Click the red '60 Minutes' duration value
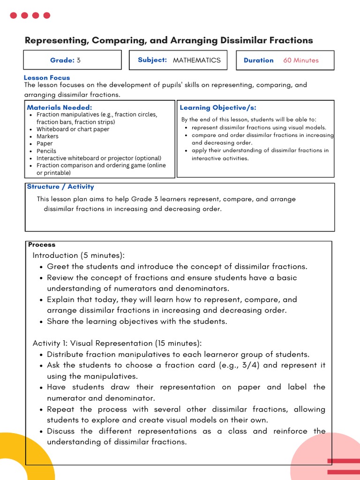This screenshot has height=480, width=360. tap(300, 60)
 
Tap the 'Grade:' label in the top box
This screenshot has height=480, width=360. tap(62, 60)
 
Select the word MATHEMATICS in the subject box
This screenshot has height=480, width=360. tap(196, 60)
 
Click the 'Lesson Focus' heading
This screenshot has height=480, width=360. tap(47, 78)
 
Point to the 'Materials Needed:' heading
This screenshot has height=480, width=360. tap(60, 107)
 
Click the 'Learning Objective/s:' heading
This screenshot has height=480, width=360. tap(218, 108)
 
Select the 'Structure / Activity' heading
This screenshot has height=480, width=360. tap(60, 187)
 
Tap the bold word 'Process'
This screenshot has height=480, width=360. tap(42, 245)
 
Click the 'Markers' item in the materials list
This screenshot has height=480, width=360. tap(47, 136)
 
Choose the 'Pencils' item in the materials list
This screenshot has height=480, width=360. tap(46, 151)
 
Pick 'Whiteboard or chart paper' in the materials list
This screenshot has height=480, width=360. tap(73, 129)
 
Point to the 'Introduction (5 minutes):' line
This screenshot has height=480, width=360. tap(79, 255)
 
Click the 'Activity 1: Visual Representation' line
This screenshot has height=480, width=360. tap(117, 344)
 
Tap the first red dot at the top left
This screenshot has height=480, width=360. tap(13, 15)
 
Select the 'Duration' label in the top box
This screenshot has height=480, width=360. tap(259, 60)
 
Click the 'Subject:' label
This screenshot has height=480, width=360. tap(152, 60)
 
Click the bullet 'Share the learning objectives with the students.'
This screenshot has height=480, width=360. tap(137, 322)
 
